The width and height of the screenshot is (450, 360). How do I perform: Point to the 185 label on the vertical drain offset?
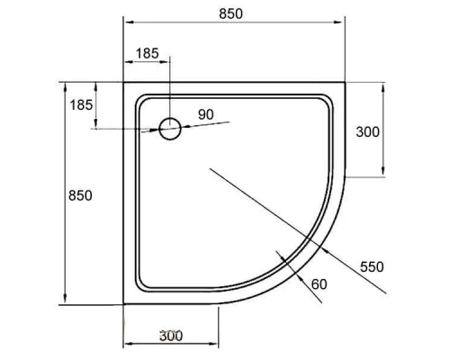(82, 105)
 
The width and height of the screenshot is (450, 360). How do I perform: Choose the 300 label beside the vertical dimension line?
(367, 131)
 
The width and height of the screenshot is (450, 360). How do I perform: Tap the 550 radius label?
(372, 266)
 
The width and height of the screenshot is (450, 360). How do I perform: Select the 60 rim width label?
(319, 284)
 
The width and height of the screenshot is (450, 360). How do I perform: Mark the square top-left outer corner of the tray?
(123, 83)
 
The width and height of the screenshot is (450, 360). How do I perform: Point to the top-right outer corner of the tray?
(346, 83)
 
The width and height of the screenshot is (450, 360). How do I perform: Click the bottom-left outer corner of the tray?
(123, 303)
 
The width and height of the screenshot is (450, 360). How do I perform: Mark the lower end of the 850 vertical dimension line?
(66, 304)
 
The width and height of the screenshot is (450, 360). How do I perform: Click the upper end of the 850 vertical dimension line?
(66, 83)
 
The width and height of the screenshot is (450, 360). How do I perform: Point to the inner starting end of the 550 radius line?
(209, 167)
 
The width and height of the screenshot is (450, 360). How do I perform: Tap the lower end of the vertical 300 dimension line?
(385, 176)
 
